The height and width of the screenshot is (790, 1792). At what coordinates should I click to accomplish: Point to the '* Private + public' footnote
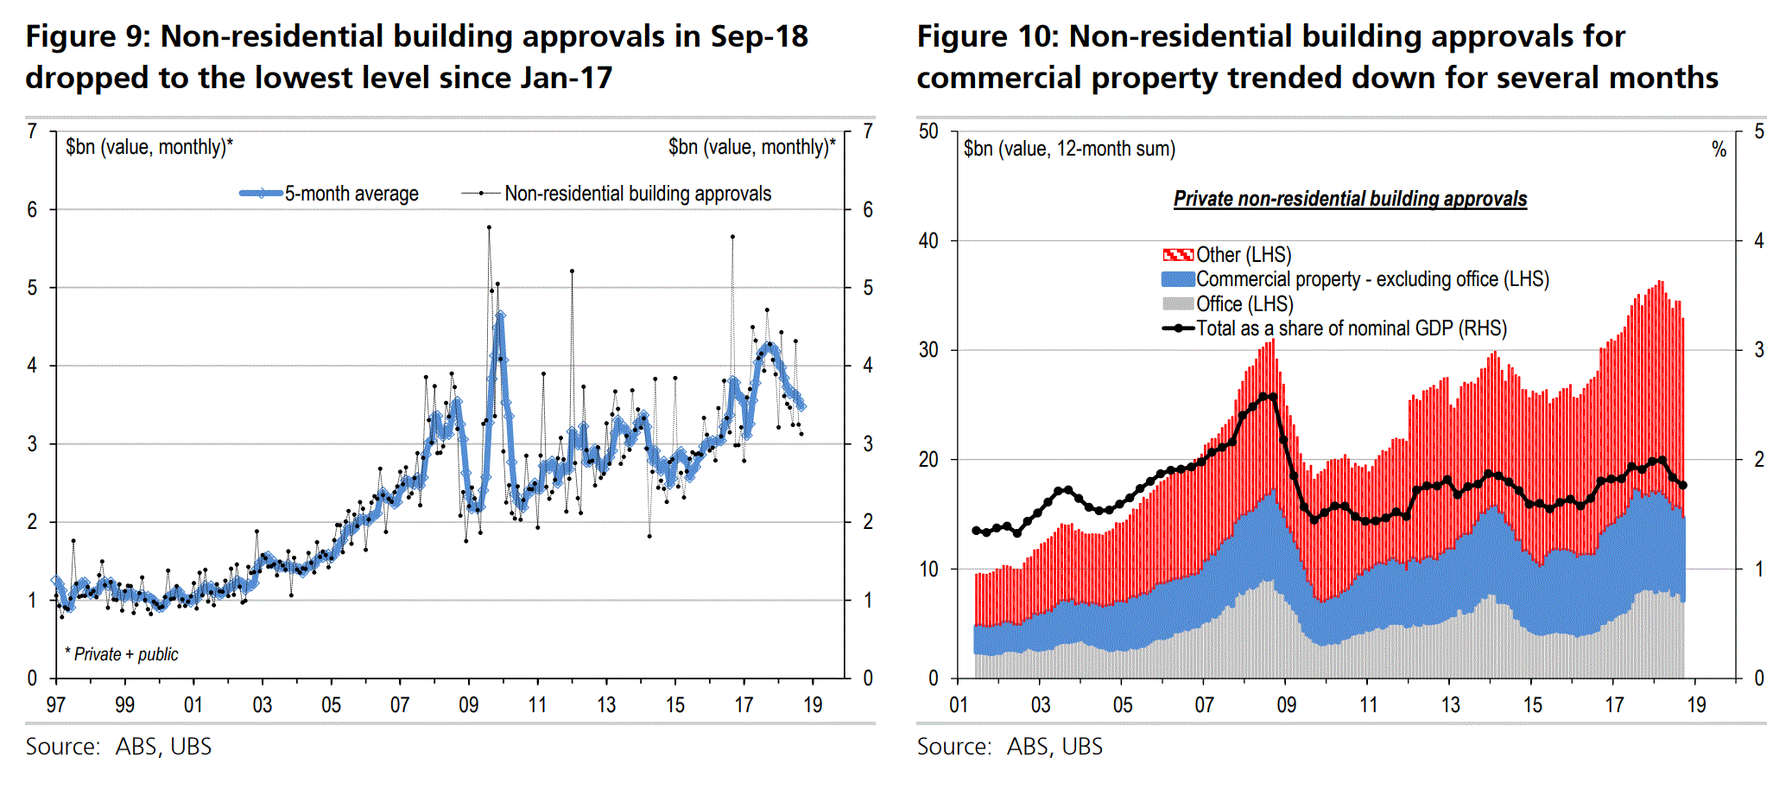122,654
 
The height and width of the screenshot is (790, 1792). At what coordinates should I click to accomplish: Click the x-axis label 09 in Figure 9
468,705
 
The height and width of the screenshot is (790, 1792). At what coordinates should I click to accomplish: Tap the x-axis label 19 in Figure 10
1696,705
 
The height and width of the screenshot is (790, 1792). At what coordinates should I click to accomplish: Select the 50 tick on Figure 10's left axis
928,131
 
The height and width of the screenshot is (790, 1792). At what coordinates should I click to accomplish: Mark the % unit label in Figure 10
1719,150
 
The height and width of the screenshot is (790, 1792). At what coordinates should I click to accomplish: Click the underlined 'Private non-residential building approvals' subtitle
1350,199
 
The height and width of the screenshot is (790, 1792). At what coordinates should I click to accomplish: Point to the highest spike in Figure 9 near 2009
489,227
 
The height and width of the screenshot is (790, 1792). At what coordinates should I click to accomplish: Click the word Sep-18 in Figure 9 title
758,36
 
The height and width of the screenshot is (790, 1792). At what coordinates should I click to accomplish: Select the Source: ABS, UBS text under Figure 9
118,747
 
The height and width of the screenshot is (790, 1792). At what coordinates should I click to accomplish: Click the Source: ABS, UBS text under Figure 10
1010,747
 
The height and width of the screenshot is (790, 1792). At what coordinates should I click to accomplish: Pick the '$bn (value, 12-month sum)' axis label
1069,149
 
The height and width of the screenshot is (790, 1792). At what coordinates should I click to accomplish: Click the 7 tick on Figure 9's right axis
868,131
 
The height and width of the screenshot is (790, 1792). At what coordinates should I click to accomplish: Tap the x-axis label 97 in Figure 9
55,705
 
